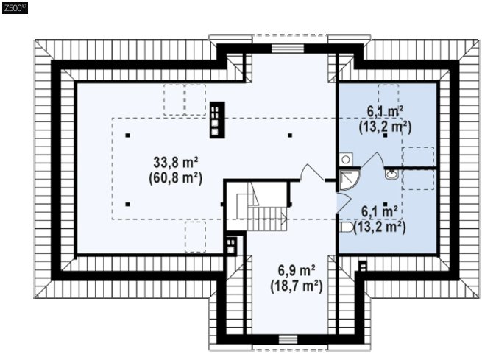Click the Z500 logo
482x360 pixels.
15,8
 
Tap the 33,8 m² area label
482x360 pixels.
176,162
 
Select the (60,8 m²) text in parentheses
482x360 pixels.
176,178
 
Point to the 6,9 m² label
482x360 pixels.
297,270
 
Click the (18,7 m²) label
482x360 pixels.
297,286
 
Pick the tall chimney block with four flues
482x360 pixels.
217,120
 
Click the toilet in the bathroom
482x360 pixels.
346,227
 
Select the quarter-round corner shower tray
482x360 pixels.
349,179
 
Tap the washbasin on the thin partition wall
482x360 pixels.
391,174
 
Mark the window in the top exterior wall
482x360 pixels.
288,49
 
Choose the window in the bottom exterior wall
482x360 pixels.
288,339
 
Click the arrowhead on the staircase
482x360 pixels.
284,219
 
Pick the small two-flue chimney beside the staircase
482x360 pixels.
231,246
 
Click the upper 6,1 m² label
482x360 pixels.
385,111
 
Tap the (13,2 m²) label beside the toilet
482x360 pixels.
379,227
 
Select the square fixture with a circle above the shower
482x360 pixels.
346,160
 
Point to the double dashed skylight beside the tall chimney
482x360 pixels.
185,100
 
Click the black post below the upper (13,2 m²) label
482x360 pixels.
385,135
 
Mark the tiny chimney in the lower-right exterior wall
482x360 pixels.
363,266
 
